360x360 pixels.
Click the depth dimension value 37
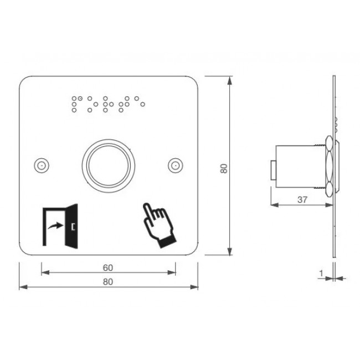click(301, 200)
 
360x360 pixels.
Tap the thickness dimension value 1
click(321, 273)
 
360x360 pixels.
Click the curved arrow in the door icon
click(55, 225)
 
